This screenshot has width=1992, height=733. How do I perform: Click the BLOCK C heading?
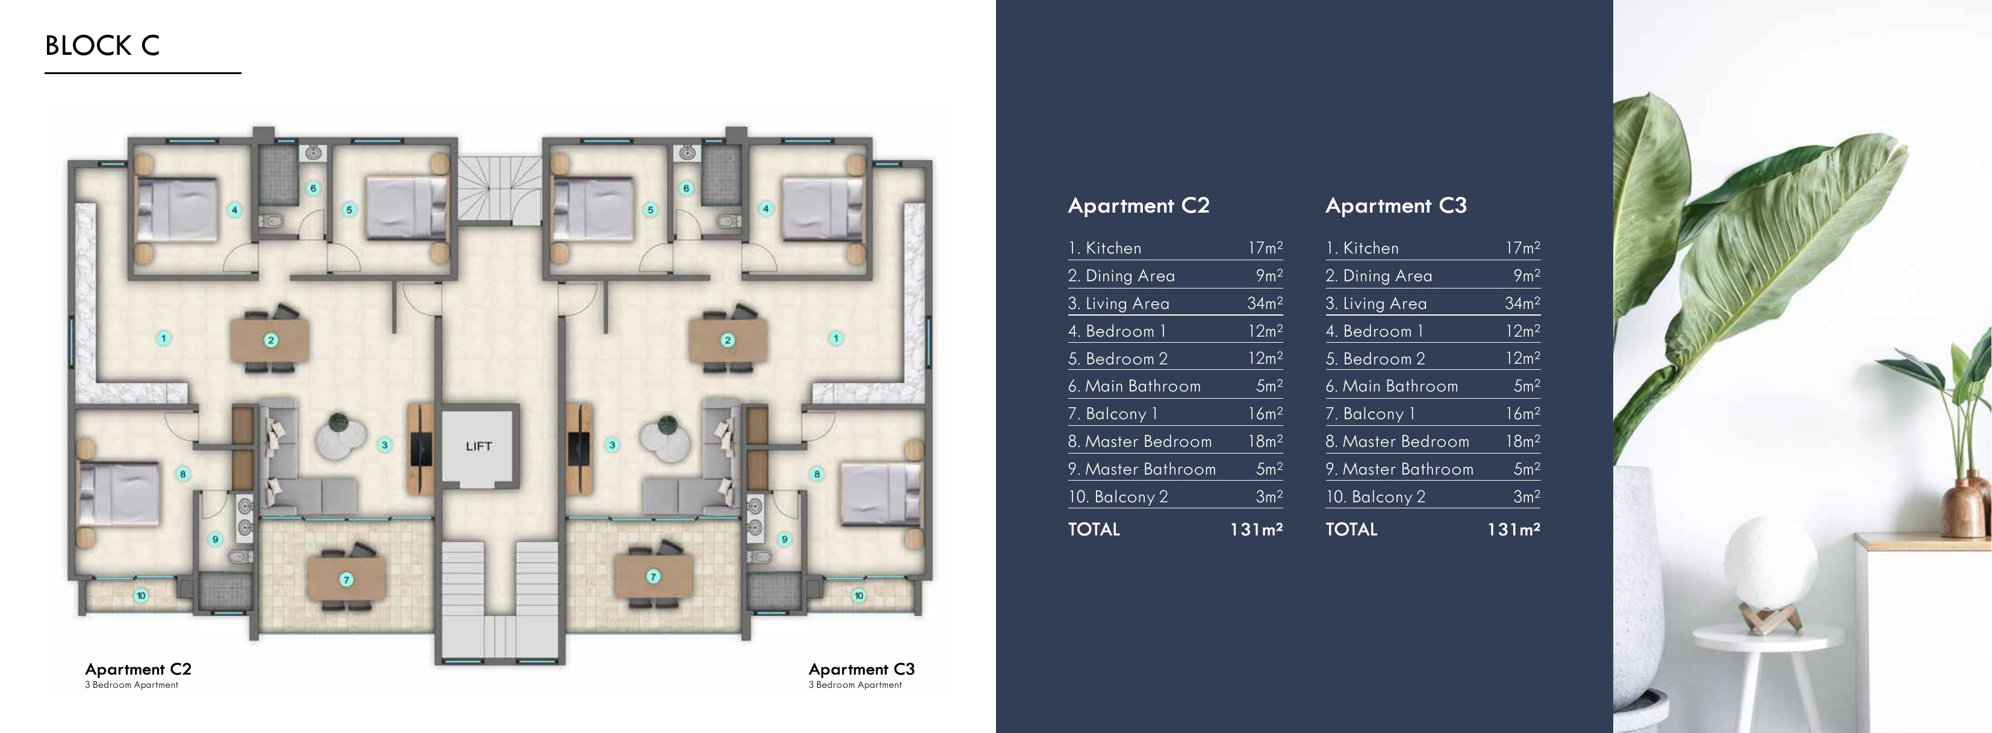tap(102, 46)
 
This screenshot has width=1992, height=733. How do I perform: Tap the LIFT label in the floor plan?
tap(479, 446)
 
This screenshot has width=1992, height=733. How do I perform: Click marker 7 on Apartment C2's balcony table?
tap(346, 579)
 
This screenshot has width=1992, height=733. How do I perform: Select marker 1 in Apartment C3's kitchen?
tap(835, 338)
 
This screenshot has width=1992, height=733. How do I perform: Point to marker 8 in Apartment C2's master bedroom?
tap(183, 474)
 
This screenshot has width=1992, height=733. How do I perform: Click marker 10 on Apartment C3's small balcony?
tap(858, 595)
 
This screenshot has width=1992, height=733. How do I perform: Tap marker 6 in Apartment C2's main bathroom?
tap(313, 188)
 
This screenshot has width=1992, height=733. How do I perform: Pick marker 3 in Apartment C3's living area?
tap(612, 444)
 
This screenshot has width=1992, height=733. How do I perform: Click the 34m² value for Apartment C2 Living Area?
tap(1265, 303)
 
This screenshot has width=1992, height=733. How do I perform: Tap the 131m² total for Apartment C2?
tap(1256, 529)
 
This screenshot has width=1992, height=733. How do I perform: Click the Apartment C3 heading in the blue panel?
tap(1395, 205)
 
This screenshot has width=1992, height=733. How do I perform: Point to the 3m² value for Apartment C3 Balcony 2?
tap(1526, 496)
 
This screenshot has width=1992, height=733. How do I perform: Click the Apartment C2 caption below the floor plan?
tap(138, 669)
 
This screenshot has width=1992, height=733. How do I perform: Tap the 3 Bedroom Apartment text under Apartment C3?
tap(854, 685)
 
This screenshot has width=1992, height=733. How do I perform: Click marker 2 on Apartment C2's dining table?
tap(270, 340)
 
